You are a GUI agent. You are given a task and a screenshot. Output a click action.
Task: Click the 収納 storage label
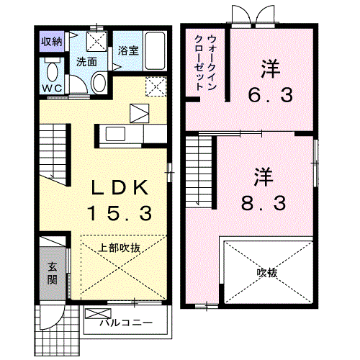click(x=52, y=42)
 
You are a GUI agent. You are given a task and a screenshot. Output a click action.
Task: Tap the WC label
click(x=53, y=89)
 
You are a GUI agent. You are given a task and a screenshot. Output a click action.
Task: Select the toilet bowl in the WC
click(x=52, y=72)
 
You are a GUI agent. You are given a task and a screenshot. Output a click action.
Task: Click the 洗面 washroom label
click(x=86, y=62)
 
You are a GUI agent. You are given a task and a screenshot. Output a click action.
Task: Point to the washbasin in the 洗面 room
click(x=99, y=83)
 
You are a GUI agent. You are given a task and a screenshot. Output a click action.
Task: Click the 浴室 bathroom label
click(x=128, y=50)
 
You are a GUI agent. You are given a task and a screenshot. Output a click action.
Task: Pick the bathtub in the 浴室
click(x=155, y=51)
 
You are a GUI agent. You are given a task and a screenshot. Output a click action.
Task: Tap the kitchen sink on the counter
click(x=115, y=134)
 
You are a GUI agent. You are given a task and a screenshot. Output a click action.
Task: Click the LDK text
click(x=120, y=188)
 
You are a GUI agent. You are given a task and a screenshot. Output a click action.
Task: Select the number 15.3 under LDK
click(x=120, y=213)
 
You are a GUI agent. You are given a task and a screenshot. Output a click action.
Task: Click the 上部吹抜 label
click(x=120, y=248)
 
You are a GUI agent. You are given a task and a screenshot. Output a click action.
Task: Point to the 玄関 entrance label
click(x=52, y=273)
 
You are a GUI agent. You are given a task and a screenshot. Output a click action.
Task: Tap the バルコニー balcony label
click(x=126, y=323)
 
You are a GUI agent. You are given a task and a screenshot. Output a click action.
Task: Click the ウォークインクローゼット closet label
click(x=206, y=63)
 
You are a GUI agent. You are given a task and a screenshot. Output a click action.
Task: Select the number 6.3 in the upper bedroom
click(x=270, y=95)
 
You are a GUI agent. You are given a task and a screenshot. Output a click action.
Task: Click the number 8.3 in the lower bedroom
click(x=264, y=203)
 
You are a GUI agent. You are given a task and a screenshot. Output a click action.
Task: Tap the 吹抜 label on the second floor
click(x=267, y=273)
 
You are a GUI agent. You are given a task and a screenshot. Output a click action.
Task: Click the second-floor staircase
click(x=200, y=171)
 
